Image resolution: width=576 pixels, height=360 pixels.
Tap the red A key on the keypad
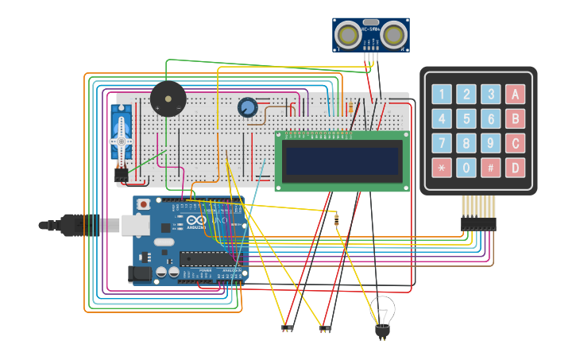pos(515,95)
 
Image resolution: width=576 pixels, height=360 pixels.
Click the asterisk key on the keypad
pos(441,168)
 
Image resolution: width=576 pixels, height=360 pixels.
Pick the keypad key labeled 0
pos(466,168)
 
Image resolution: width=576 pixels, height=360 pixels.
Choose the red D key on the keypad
pos(515,168)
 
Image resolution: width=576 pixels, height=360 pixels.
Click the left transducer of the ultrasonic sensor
pos(347,35)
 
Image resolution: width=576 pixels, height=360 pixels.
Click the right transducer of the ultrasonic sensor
pos(393,35)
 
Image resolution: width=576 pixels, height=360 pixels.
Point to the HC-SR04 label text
pos(370,29)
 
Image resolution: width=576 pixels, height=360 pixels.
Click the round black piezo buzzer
pos(168,99)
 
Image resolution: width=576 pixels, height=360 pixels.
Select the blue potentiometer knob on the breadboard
pos(248,106)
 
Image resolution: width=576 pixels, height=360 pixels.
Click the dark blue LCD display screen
pos(342,161)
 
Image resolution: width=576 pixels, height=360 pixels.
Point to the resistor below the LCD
pos(336,219)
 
